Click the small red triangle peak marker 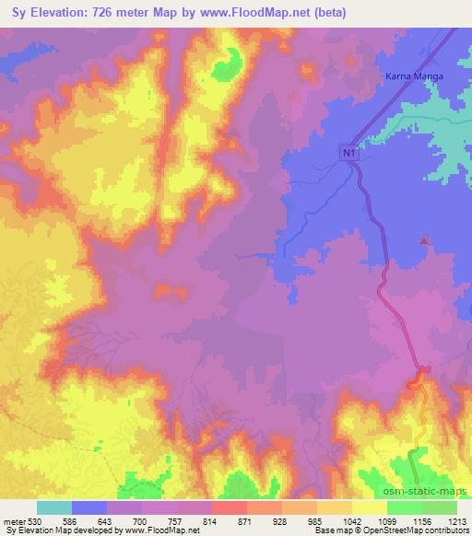tap(423, 241)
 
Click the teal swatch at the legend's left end tap(53, 507)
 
